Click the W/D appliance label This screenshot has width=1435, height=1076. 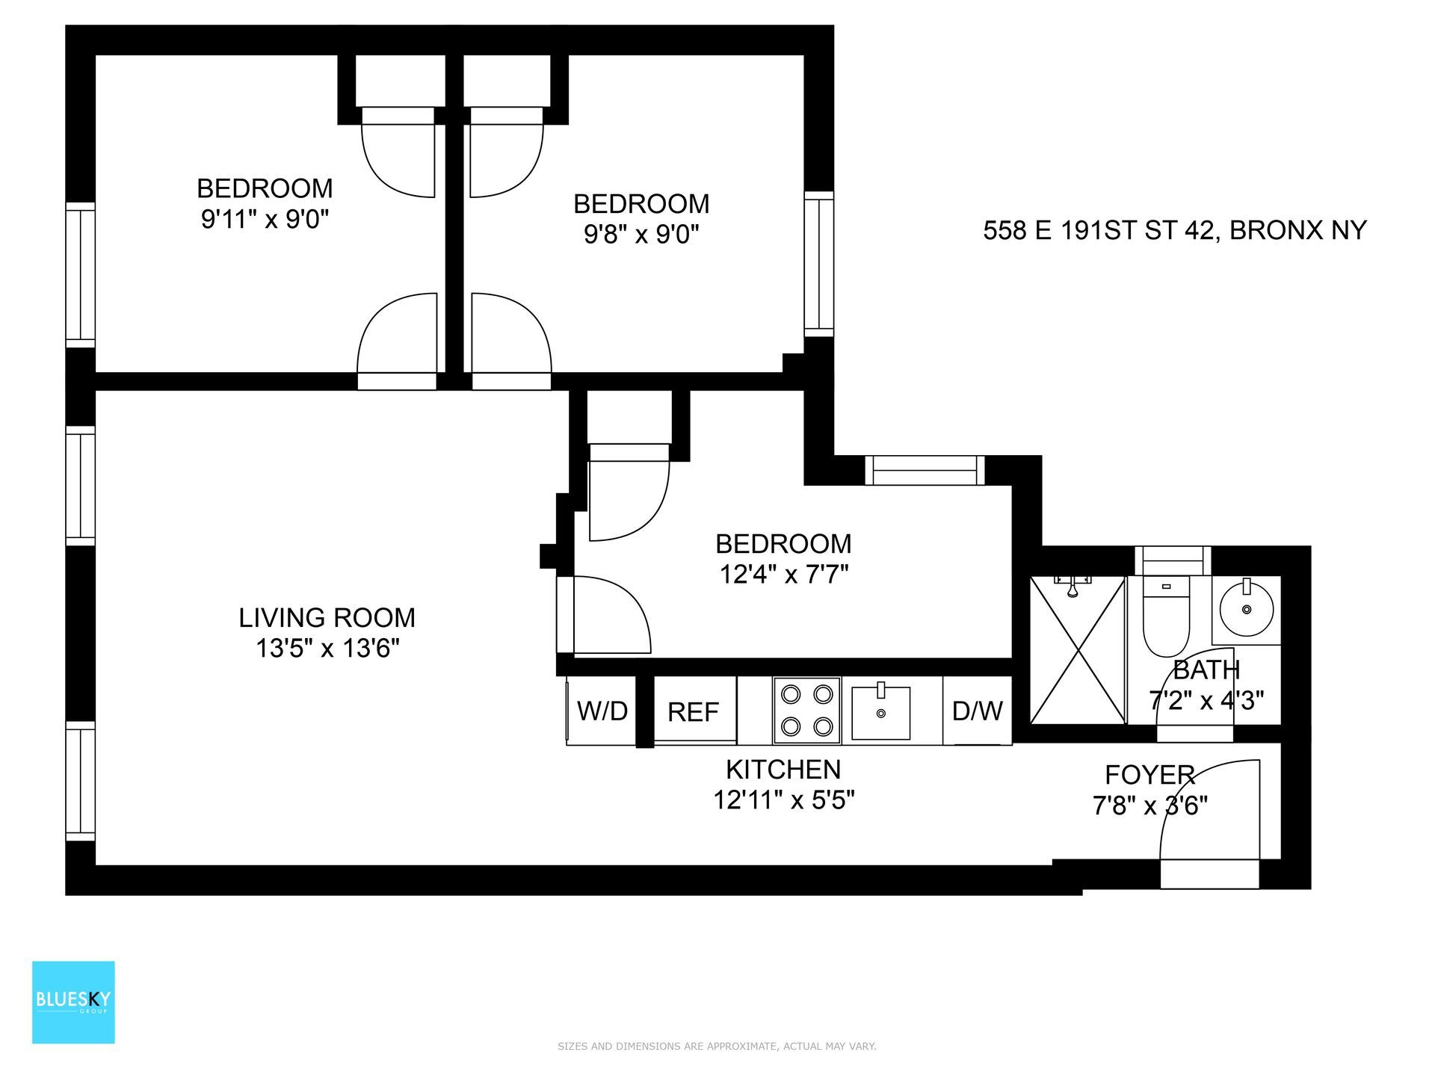(x=602, y=711)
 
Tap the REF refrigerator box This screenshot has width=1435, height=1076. (x=694, y=711)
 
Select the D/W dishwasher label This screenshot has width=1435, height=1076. (x=977, y=711)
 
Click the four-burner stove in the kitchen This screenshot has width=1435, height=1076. (x=806, y=710)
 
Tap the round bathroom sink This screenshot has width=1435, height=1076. (x=1246, y=610)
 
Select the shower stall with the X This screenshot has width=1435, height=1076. (x=1077, y=650)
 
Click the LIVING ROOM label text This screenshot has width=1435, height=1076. (x=327, y=617)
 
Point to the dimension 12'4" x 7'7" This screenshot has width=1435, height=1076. (x=783, y=575)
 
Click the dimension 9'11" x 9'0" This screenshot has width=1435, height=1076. (x=265, y=220)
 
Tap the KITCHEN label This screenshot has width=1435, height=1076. (x=783, y=769)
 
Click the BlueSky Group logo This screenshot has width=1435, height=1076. (x=73, y=1001)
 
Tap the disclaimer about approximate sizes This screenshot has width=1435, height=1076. (x=717, y=1046)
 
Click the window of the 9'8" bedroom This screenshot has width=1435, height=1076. (x=819, y=263)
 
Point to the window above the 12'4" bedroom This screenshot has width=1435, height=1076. (x=925, y=470)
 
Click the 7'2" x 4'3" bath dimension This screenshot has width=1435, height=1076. (x=1206, y=700)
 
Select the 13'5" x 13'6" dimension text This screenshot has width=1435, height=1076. (x=327, y=649)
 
